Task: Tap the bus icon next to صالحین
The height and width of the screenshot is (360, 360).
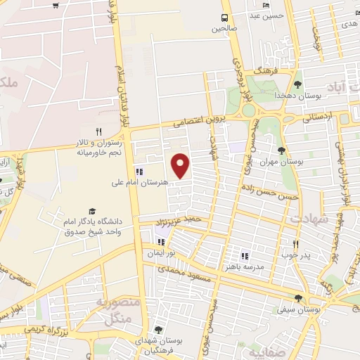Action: click(x=224, y=18)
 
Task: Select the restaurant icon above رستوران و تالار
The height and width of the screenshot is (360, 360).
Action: click(x=99, y=131)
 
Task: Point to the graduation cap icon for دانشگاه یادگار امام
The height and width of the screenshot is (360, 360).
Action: click(x=91, y=211)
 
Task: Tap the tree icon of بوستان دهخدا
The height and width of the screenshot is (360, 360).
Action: click(x=298, y=84)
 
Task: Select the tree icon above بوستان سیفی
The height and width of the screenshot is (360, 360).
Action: click(x=299, y=298)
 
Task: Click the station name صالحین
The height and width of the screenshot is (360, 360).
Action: click(x=224, y=30)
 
